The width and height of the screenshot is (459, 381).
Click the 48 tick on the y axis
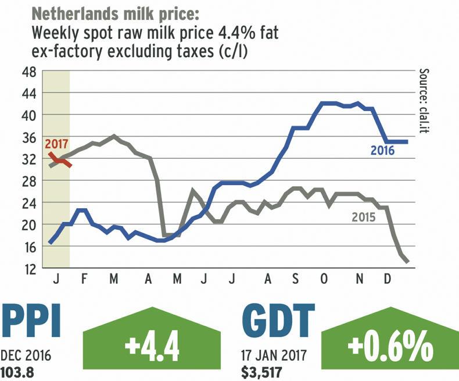(28, 72)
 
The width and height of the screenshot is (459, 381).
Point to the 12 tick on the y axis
(28, 268)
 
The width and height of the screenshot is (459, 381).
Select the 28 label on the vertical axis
(28, 181)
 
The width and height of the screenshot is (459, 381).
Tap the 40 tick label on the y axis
(28, 115)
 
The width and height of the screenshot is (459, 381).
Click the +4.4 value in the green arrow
(152, 350)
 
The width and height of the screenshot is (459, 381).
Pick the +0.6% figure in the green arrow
(390, 350)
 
